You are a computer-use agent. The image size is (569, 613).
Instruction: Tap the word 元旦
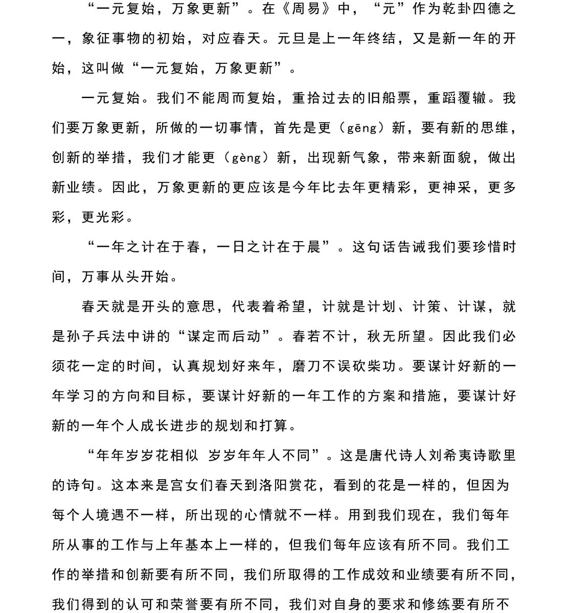pyautogui.click(x=292, y=39)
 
